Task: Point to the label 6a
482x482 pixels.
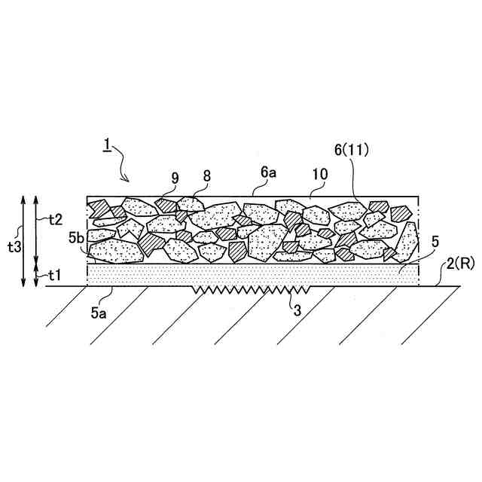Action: pos(269,172)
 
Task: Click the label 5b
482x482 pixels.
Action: pos(76,239)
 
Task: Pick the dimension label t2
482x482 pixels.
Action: pos(53,219)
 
